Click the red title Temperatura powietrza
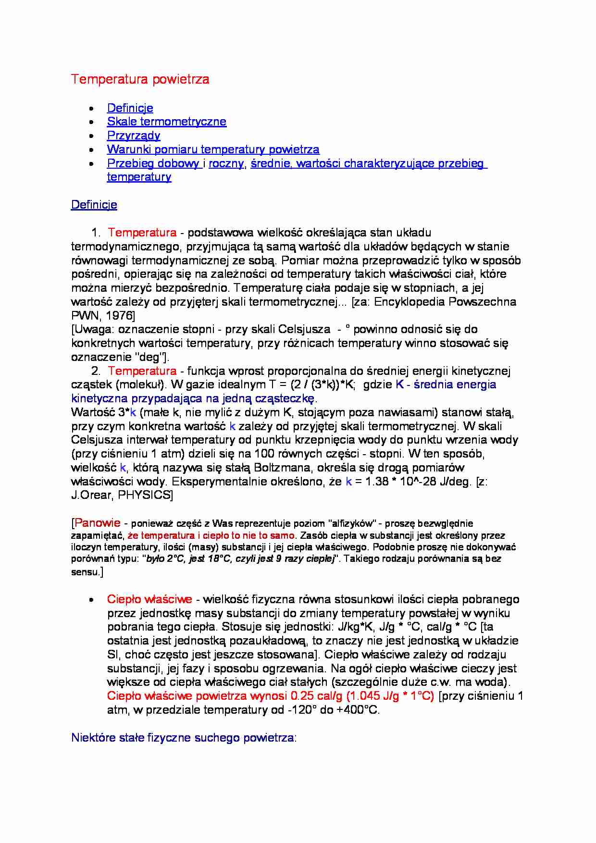click(x=140, y=79)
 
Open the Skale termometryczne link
click(x=166, y=122)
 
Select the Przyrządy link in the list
click(x=133, y=136)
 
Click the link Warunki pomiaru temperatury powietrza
click(x=213, y=149)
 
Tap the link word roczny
click(x=226, y=163)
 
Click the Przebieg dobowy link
click(x=153, y=163)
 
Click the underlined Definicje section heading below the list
click(x=94, y=205)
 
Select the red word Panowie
click(x=98, y=523)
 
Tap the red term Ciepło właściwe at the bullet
click(x=149, y=599)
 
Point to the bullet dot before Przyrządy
click(x=92, y=136)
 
